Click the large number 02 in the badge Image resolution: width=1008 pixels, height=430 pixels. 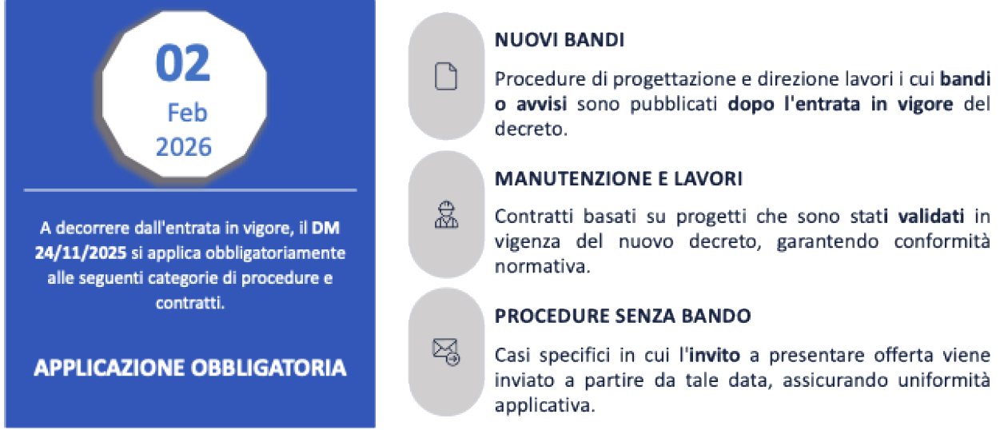point(183,64)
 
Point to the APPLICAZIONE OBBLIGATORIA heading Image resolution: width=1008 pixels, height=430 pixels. point(190,368)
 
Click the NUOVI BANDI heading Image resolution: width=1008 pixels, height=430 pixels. point(560,41)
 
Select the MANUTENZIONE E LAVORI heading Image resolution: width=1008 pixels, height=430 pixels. point(619,179)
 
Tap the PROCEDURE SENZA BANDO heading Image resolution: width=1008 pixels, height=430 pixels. point(623,316)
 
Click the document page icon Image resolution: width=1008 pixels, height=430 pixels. point(445,76)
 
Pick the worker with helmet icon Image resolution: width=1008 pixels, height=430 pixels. point(445,215)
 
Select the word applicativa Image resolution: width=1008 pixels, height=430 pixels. point(545,405)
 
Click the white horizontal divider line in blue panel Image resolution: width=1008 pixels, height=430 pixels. point(190,190)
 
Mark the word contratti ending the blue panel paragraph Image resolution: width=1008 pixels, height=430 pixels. point(190,303)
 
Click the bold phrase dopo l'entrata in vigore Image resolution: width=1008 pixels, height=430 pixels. point(841,104)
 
